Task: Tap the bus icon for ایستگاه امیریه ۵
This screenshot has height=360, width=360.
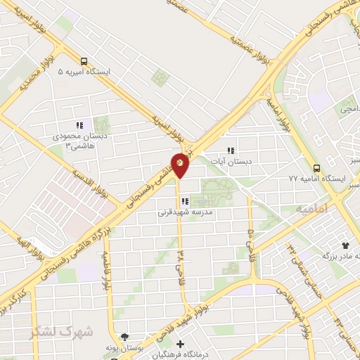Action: (84, 61)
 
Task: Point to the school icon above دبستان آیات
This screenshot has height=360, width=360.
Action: (230, 150)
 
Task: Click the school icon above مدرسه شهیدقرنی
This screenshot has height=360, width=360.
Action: (185, 201)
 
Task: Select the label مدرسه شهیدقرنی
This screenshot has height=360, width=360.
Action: (185, 212)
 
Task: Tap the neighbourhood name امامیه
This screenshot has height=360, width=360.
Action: (311, 209)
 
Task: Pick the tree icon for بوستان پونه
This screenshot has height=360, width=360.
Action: (125, 337)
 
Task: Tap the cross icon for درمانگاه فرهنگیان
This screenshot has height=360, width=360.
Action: (180, 344)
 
